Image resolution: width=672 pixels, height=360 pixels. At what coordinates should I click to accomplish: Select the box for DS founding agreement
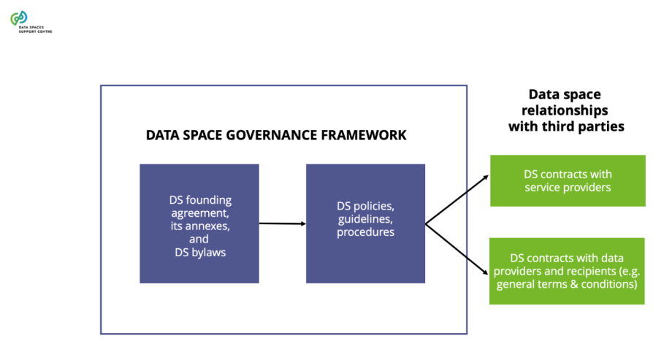pos(199,223)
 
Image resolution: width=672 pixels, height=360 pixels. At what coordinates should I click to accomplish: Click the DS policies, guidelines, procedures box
pos(365,223)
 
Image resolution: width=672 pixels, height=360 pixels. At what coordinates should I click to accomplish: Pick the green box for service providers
pos(568,180)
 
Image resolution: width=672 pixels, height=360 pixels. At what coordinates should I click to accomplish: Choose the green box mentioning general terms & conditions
pos(567,271)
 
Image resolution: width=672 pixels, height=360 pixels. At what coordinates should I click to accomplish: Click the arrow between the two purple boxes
pos(282,223)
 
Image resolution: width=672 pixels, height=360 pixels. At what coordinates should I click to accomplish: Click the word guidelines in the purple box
pos(365,219)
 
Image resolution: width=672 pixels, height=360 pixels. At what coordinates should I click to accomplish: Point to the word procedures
pos(365,232)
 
